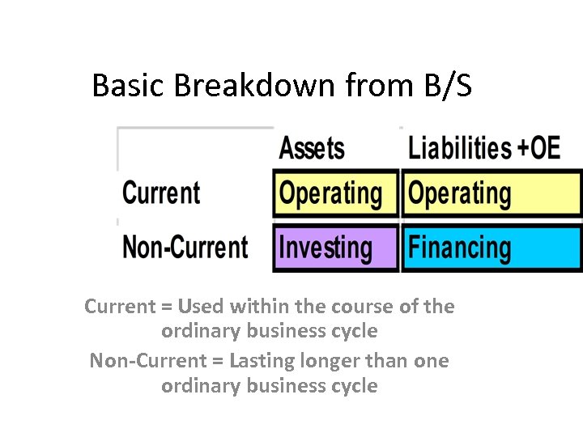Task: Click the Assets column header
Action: [x=312, y=148]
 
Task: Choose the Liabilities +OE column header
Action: [x=483, y=148]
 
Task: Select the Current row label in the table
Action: [x=161, y=193]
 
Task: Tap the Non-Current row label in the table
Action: [x=185, y=247]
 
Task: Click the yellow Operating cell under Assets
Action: [x=335, y=193]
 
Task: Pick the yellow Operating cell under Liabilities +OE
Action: [x=492, y=193]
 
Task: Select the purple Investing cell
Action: [x=335, y=248]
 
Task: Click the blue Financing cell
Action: [x=492, y=248]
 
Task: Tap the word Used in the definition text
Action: [x=199, y=307]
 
